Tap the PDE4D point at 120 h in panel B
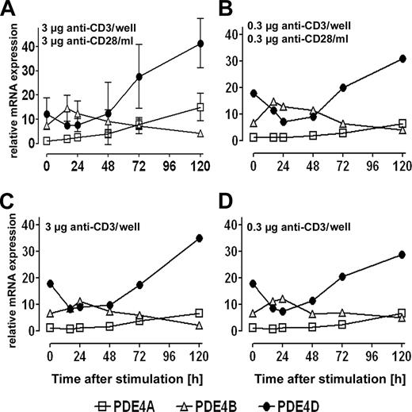click(x=402, y=59)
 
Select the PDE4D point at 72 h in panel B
click(x=343, y=87)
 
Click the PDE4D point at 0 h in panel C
click(x=50, y=283)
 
